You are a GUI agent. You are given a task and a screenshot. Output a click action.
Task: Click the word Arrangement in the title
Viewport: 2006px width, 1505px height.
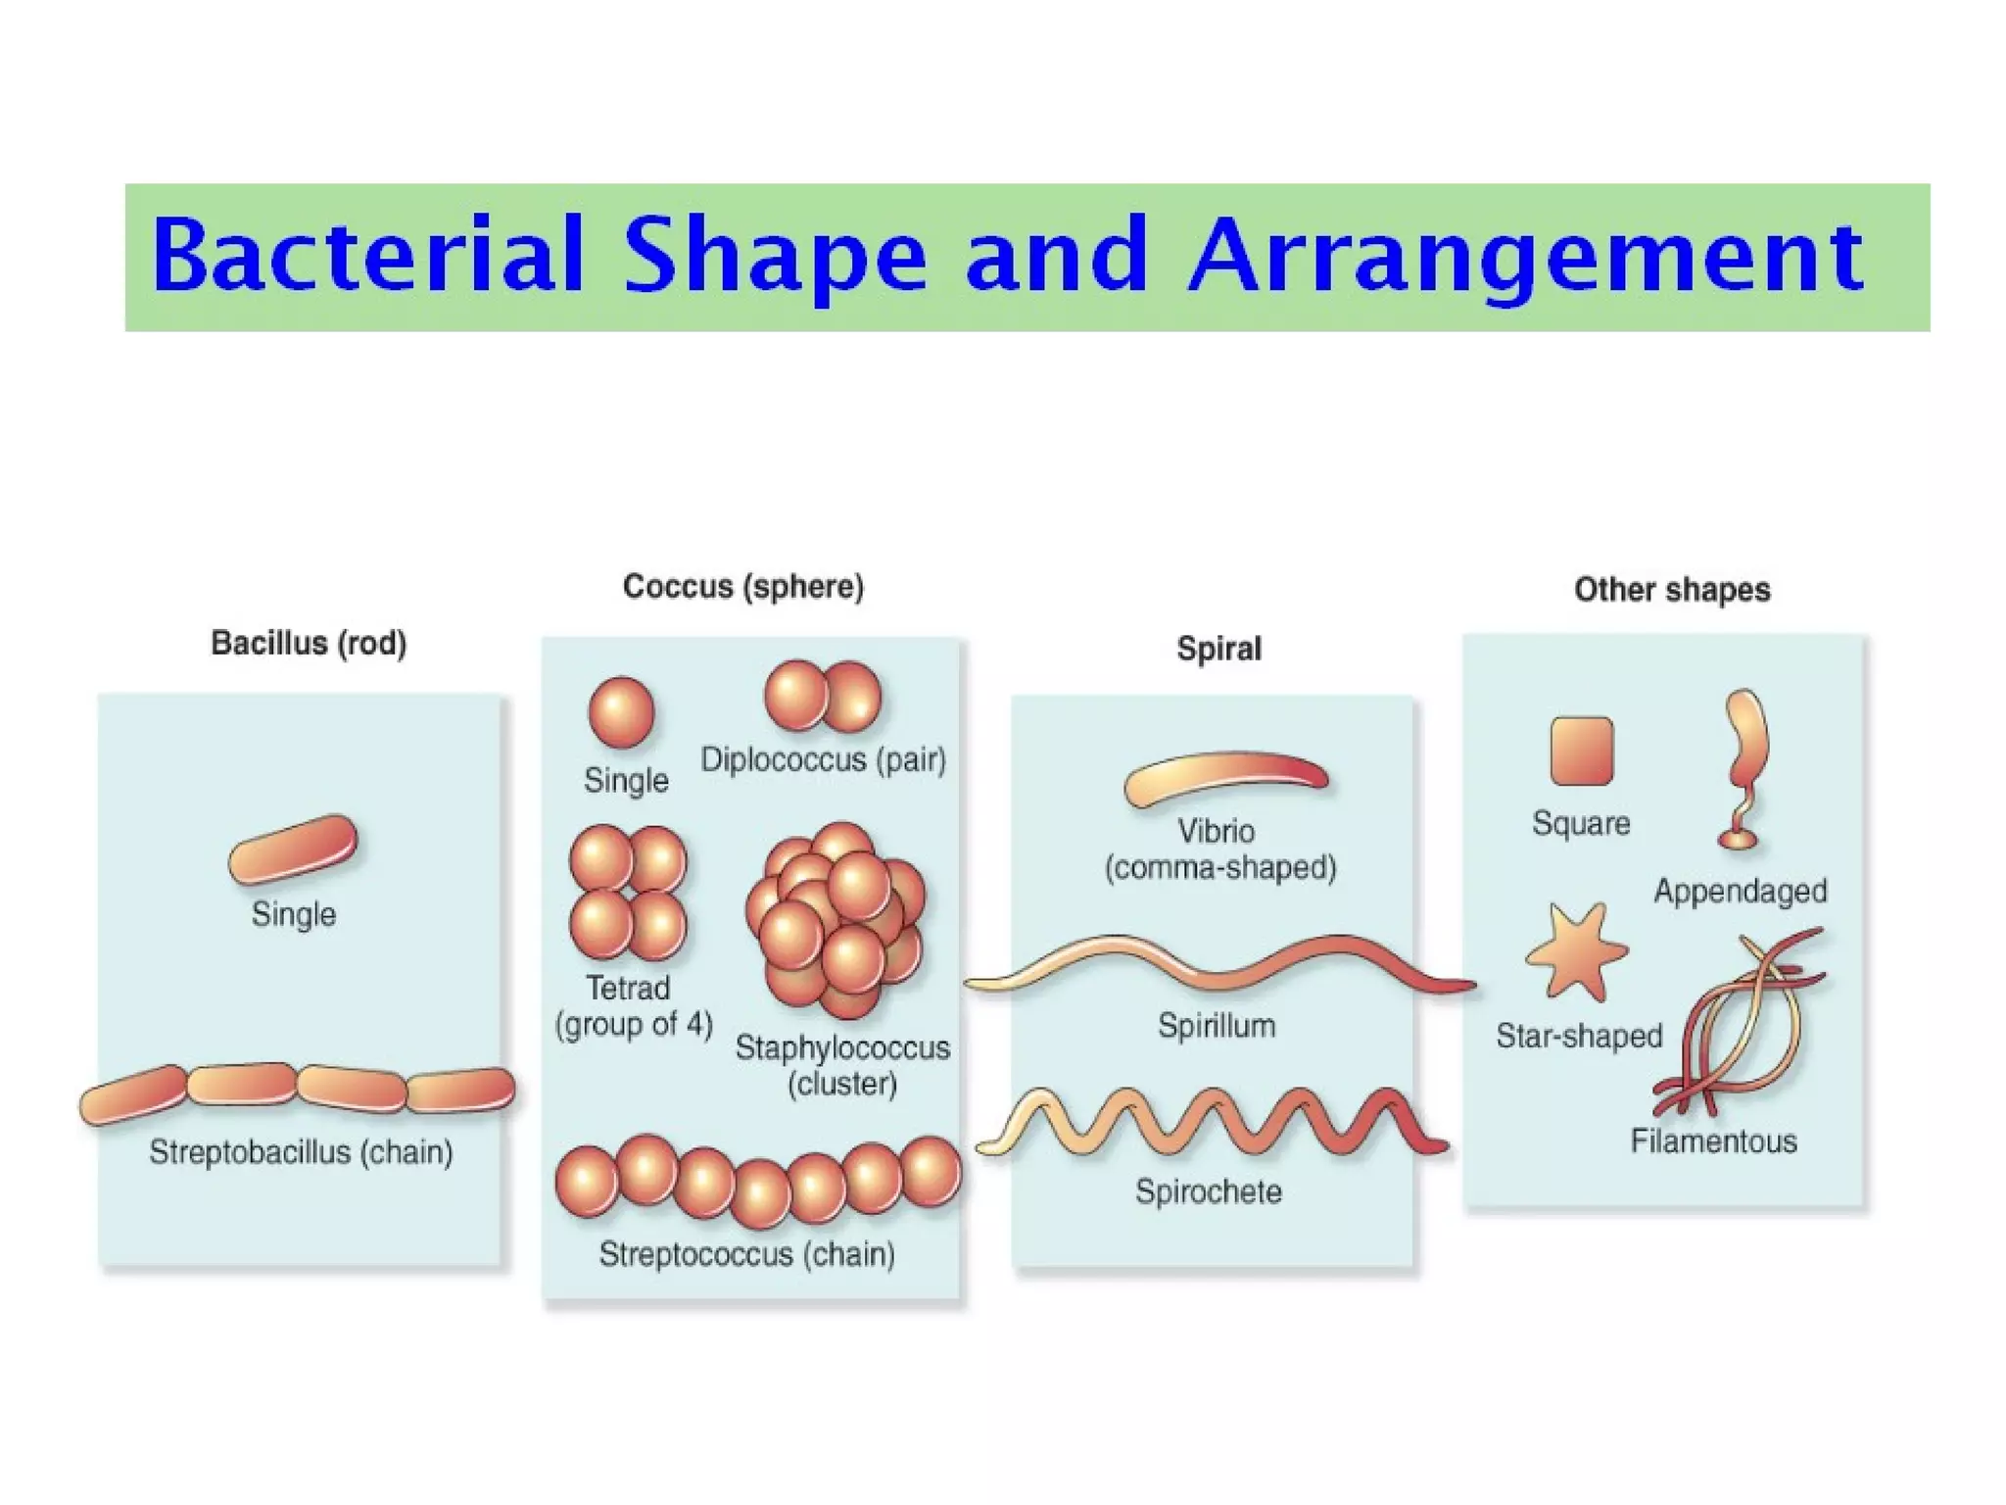[1526, 257]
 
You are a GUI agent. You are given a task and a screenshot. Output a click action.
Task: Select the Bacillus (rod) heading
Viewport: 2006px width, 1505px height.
[309, 644]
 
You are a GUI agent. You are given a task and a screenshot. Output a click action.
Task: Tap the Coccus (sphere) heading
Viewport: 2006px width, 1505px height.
[743, 587]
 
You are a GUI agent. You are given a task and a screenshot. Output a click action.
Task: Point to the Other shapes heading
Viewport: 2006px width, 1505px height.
[1672, 590]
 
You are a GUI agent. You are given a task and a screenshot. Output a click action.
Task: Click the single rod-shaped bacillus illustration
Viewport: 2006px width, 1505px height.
[293, 850]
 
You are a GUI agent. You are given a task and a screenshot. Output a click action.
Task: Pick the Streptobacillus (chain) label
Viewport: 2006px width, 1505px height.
[301, 1152]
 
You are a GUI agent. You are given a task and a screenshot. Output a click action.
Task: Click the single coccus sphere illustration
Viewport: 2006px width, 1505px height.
[621, 712]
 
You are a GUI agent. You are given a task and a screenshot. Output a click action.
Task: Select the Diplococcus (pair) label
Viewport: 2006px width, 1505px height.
[823, 760]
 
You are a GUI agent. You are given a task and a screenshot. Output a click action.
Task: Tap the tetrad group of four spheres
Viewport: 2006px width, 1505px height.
[628, 893]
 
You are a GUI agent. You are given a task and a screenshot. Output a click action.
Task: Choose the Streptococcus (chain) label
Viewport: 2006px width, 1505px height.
[746, 1254]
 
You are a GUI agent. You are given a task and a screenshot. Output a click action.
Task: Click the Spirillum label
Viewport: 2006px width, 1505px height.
[1217, 1026]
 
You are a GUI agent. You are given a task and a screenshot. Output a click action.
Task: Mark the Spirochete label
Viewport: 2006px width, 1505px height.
[1209, 1191]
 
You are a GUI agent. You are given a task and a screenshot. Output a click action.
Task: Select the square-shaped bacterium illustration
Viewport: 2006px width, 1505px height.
[1581, 752]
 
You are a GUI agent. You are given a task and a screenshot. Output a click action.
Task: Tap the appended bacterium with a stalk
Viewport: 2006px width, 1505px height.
[1745, 764]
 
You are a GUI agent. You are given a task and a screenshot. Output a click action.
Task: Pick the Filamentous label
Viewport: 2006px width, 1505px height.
[1713, 1141]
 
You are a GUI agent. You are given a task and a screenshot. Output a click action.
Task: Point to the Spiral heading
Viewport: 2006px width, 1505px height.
[1218, 649]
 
